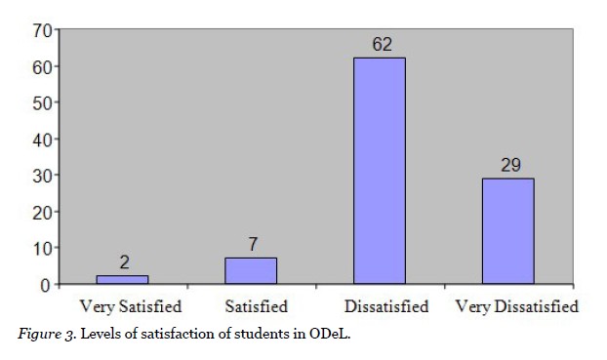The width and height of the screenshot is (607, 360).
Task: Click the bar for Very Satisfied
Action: pos(122,280)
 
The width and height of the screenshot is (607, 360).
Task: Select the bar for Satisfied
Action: pos(251,271)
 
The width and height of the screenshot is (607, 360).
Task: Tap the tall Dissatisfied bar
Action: pos(380,171)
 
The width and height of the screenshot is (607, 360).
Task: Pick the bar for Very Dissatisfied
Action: pos(508,231)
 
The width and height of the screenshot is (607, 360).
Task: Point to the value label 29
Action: pos(509,166)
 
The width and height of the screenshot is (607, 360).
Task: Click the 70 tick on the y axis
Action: pos(41,29)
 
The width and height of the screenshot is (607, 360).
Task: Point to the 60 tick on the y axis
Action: pos(41,66)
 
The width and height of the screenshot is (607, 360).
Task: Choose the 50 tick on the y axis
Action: pos(41,102)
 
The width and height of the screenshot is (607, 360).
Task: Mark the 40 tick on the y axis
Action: pos(41,139)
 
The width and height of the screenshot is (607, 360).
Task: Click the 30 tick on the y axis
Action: pos(41,176)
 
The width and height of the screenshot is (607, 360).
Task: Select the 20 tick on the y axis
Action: pos(41,212)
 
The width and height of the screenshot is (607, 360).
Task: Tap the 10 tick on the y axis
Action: pos(41,248)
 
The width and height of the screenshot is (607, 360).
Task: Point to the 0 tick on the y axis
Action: pos(45,285)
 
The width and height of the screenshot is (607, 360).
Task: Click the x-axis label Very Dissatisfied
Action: pos(517,306)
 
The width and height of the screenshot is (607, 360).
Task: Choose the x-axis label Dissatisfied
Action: pos(384,306)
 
